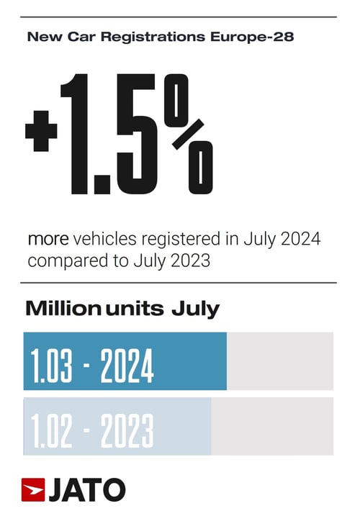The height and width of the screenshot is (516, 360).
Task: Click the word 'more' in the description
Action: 45,238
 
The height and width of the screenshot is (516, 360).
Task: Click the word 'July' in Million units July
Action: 194,309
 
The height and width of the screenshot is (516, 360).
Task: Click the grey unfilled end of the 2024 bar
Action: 279,361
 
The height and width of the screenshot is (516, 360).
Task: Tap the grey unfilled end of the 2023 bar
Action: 271,427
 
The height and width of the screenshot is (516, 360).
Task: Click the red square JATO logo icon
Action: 33,489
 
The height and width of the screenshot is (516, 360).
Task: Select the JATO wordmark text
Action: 86,489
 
